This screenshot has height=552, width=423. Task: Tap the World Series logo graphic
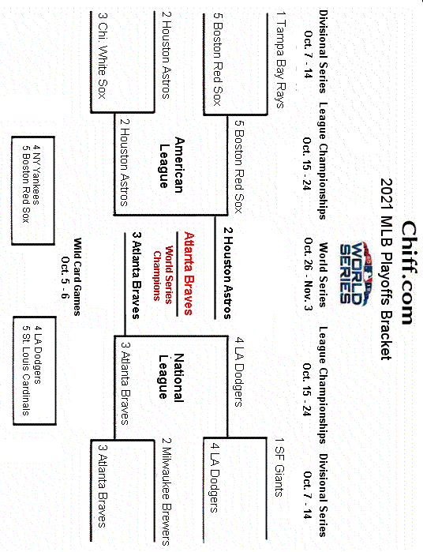tap(348, 273)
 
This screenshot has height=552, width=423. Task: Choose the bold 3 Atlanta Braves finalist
tap(136, 273)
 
